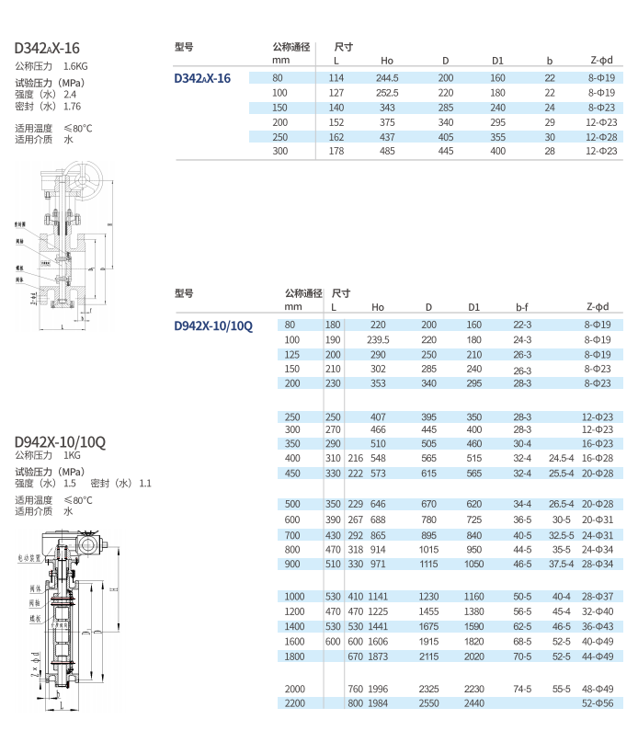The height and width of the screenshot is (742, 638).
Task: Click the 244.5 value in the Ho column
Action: point(387,78)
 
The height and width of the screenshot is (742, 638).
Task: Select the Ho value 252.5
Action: point(387,93)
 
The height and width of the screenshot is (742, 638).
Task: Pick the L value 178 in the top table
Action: point(336,150)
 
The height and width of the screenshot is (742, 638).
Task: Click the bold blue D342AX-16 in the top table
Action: point(202,78)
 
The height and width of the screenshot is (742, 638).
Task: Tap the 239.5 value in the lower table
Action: point(379,339)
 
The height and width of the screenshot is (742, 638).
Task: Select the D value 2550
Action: point(428,702)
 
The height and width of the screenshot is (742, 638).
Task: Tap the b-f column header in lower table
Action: point(522,307)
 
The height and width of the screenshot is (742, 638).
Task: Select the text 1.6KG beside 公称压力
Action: point(75,66)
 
